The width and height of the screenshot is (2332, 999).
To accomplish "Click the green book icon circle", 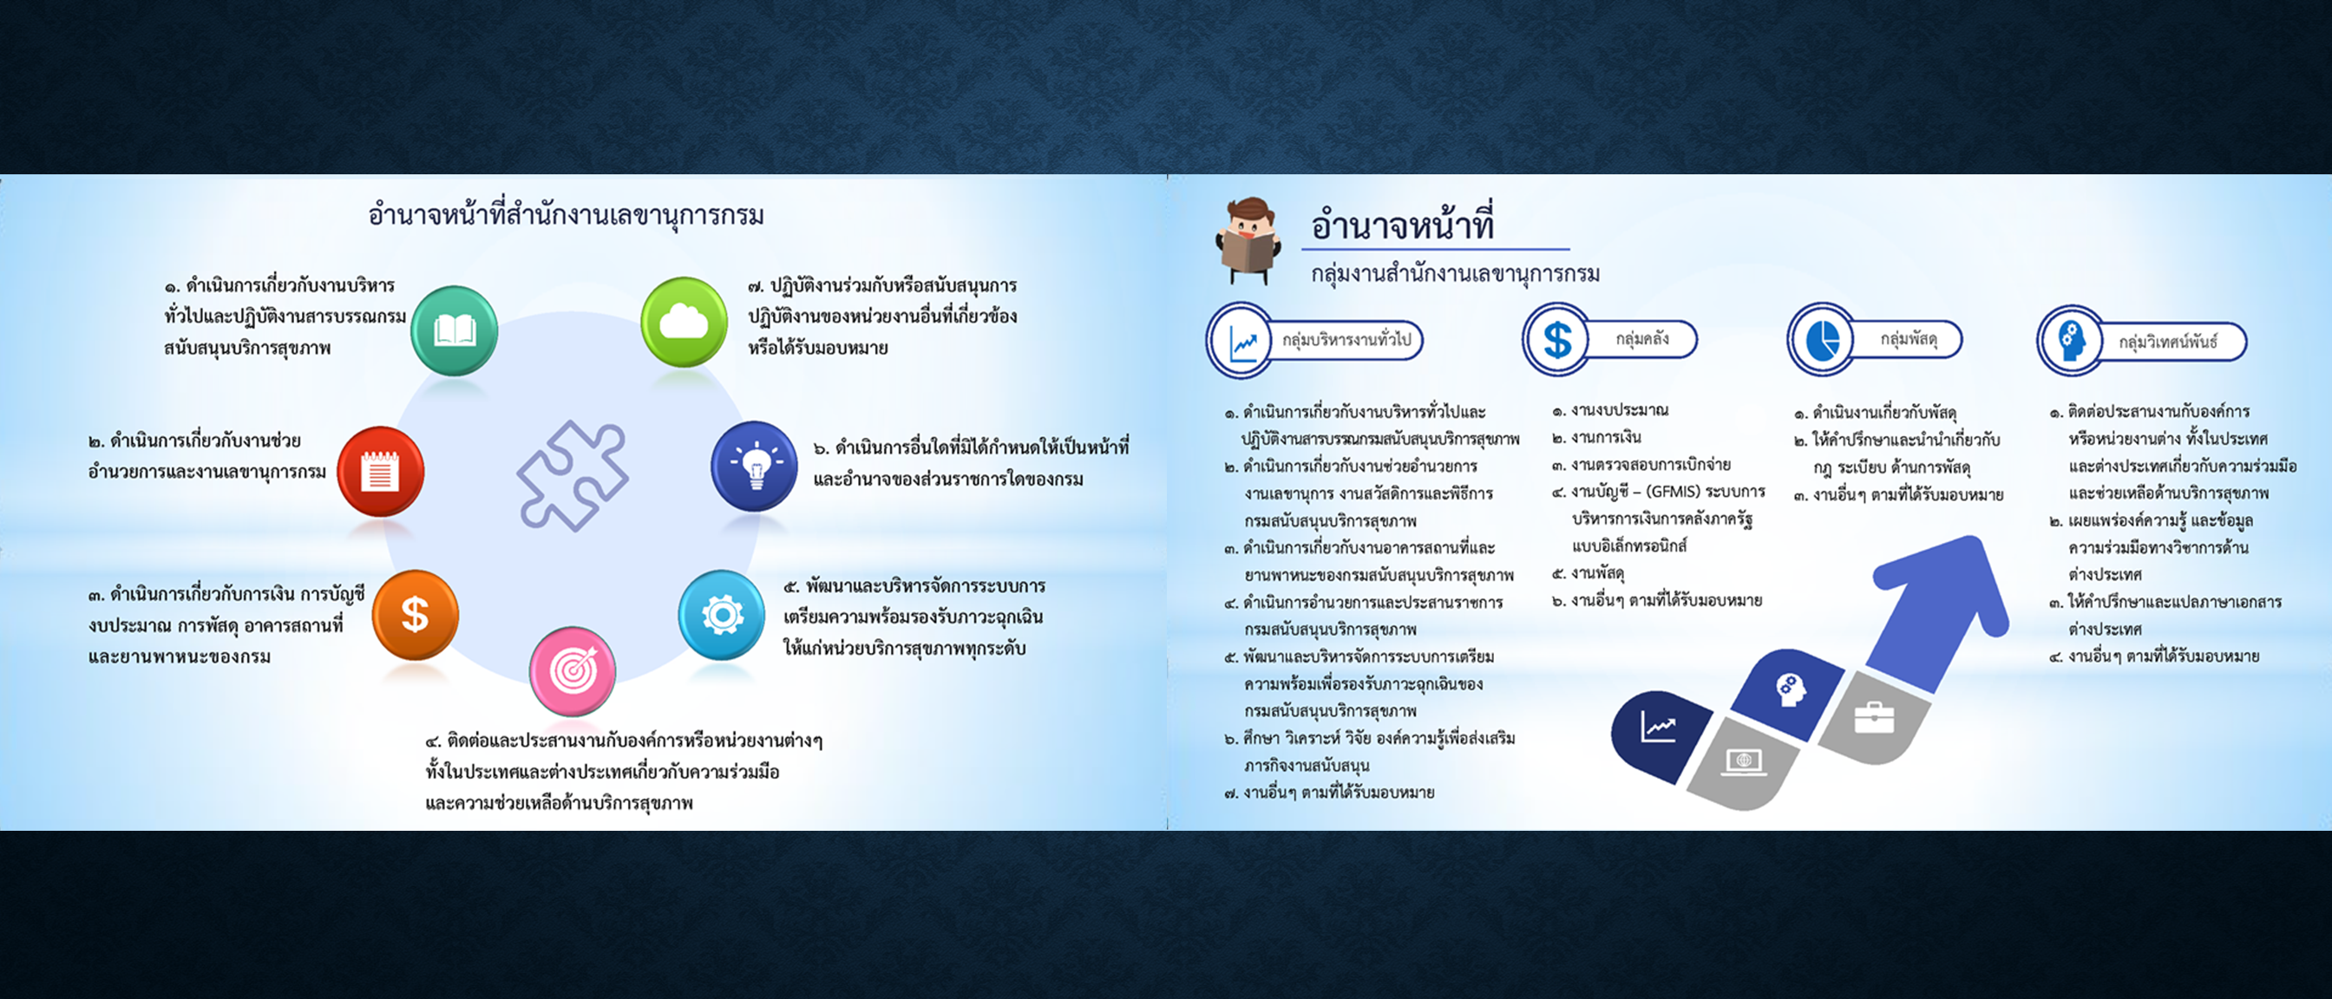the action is [454, 330].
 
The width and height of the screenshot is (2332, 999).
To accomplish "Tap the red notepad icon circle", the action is [380, 471].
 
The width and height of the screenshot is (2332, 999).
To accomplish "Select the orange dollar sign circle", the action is [416, 615].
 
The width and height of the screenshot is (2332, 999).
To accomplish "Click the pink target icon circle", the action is [572, 670].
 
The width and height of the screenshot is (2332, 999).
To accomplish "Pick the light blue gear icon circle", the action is [722, 615].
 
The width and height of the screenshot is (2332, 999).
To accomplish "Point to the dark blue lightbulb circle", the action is [754, 466].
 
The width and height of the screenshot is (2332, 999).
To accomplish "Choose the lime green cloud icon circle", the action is [685, 321].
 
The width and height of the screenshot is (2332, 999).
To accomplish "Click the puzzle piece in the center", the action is [572, 475].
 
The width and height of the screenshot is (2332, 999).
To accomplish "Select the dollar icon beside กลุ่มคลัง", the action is [1557, 340].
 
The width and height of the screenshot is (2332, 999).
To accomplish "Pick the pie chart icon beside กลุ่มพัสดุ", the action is [1821, 340].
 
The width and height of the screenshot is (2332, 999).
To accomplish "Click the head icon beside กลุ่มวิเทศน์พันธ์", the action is [2071, 342].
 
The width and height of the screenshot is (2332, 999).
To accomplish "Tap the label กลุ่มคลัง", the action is [1642, 339].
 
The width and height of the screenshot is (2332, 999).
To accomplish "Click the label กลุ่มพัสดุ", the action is [1909, 339].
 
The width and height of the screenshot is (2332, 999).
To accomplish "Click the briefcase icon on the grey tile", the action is [1873, 717].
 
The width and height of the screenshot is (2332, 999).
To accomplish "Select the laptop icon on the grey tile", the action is [1745, 762].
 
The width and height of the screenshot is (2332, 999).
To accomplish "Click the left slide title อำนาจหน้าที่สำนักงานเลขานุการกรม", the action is [566, 215].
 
